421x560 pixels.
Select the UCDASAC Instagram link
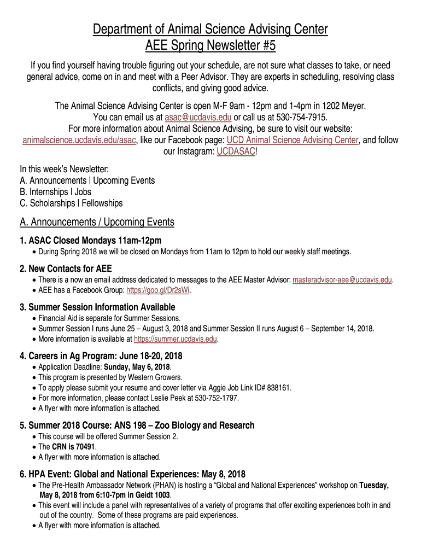tap(235, 151)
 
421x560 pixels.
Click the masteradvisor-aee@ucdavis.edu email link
tap(342, 280)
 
